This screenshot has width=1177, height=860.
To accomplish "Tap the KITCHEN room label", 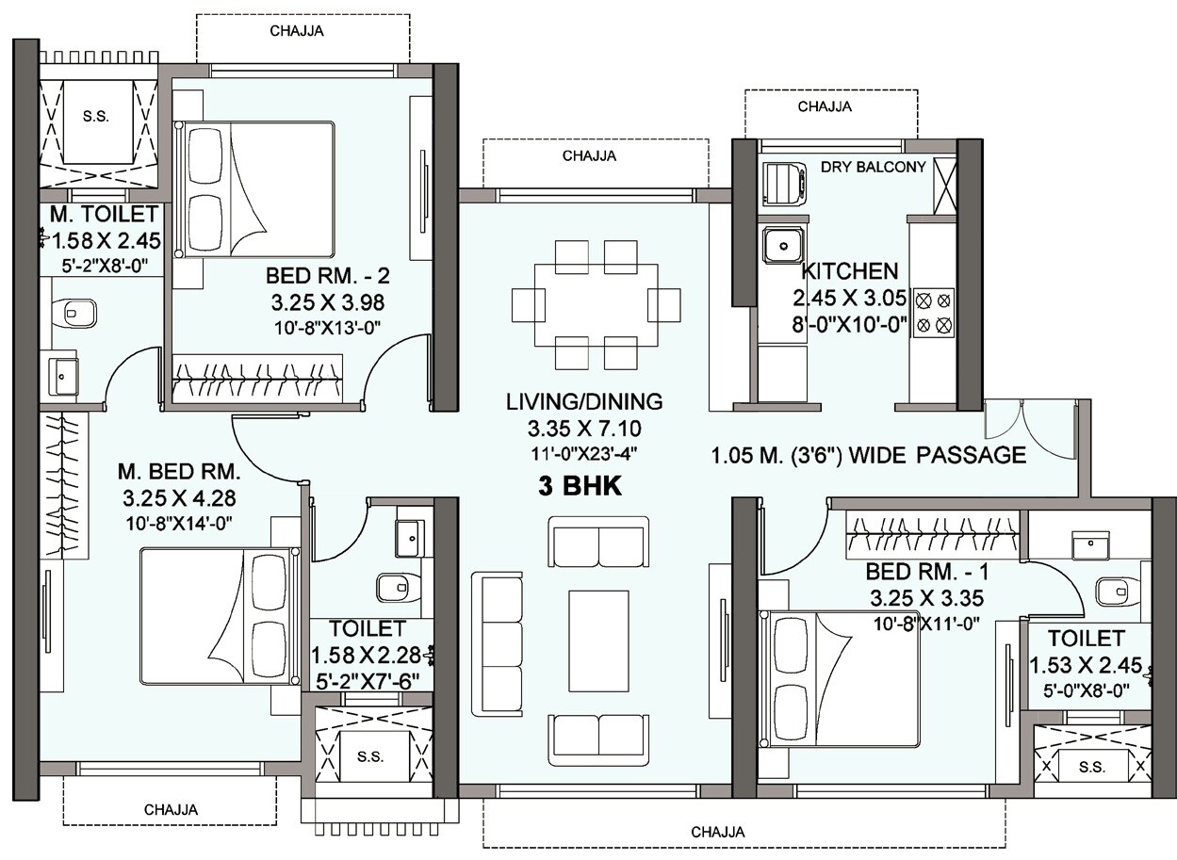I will point(849,272).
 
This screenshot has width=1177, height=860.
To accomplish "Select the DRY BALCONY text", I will point(873,167).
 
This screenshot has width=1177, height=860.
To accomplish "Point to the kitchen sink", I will point(781,246).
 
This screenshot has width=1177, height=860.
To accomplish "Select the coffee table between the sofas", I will point(597,641).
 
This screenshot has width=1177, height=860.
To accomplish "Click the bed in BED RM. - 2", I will point(254,188).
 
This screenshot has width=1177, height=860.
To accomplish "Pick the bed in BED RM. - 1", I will point(842,678).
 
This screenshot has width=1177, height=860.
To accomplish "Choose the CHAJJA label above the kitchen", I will point(824,106).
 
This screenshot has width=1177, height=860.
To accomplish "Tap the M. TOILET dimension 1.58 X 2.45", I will point(101,239).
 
